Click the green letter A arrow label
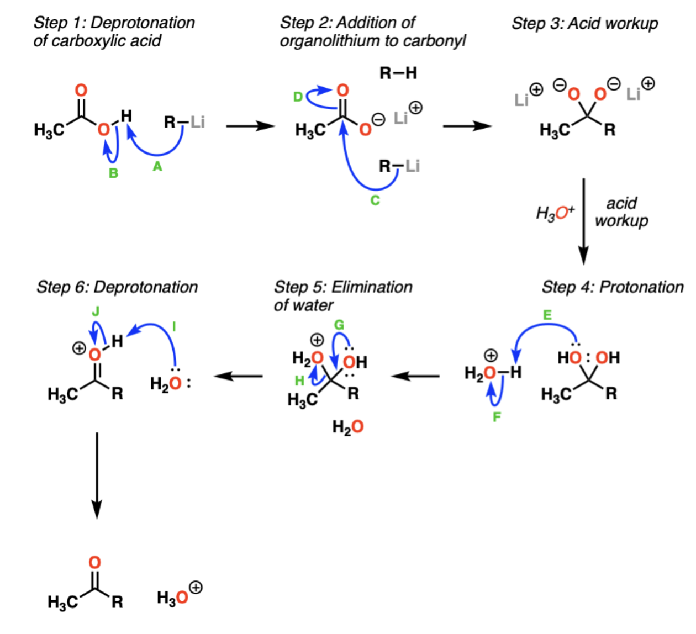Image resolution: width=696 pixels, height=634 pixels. point(157,167)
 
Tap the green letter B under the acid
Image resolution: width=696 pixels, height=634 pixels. point(113,173)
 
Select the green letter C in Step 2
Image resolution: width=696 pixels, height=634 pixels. point(375,200)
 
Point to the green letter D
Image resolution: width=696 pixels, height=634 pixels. point(298,97)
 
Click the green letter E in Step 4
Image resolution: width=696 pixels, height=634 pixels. point(547,315)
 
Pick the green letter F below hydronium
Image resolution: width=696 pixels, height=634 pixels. point(497,417)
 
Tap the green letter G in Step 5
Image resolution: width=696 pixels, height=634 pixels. point(339,325)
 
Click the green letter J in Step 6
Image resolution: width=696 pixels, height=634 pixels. point(96,311)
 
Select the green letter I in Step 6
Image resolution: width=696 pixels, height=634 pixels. point(174,326)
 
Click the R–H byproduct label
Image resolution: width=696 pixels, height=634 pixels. point(398,73)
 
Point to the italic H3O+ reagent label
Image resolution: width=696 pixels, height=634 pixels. point(555,213)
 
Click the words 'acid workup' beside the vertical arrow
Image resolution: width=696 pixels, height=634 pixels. point(621,212)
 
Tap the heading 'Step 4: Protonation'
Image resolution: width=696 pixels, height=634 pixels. point(613,287)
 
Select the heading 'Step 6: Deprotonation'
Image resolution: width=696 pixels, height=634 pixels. point(117,287)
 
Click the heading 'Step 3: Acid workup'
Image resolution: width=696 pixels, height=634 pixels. point(585,24)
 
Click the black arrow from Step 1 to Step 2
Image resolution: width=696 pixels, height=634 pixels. point(250,126)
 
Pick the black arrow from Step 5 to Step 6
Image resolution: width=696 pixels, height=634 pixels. point(238,376)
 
